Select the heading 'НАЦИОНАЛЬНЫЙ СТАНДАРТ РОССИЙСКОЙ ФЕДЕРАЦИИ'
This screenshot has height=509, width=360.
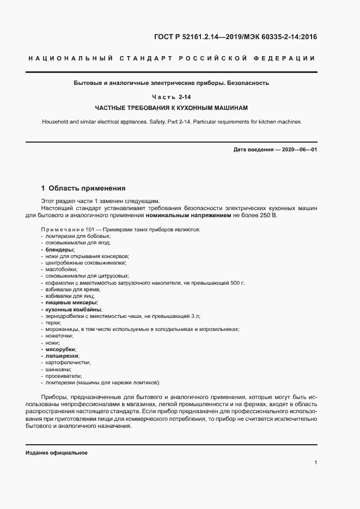[x=170, y=59]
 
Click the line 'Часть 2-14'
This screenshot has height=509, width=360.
[x=171, y=96]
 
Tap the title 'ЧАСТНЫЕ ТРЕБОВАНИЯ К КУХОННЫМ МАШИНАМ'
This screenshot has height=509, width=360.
[x=171, y=107]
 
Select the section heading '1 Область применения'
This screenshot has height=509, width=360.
[x=83, y=188]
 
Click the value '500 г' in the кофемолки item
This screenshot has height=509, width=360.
[x=237, y=283]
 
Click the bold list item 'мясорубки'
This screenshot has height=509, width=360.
[x=61, y=349]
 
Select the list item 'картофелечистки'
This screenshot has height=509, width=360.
[x=68, y=362]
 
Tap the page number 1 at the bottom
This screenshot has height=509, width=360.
[x=315, y=462]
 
